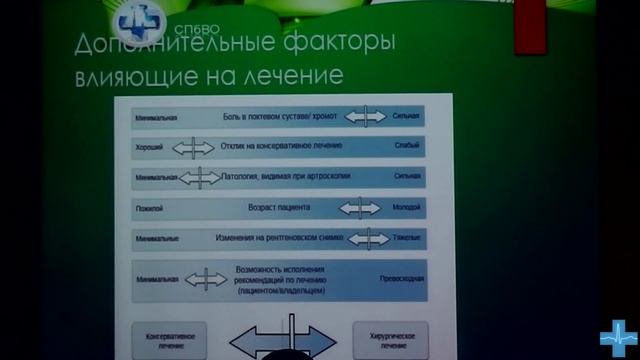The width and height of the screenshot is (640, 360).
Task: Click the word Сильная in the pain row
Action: pos(405,118)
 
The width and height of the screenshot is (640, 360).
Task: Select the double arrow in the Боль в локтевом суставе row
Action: pos(366,117)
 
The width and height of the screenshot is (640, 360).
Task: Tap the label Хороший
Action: pos(149,147)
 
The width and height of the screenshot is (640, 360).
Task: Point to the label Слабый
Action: pos(406,147)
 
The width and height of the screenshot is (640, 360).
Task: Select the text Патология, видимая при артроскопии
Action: pos(278,178)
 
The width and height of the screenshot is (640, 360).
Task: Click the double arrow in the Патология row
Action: pos(200,178)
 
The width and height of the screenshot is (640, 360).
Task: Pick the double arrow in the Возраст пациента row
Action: pos(360,209)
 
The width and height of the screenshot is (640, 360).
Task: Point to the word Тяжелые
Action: pos(405,240)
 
